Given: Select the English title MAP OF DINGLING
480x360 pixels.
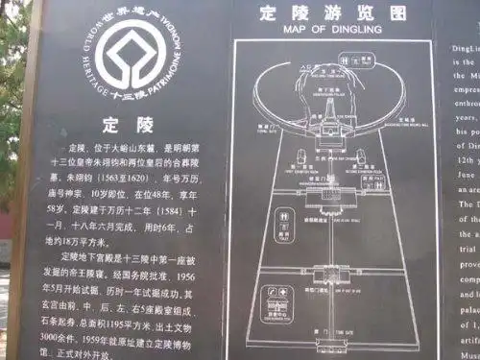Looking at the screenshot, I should tap(321, 30).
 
